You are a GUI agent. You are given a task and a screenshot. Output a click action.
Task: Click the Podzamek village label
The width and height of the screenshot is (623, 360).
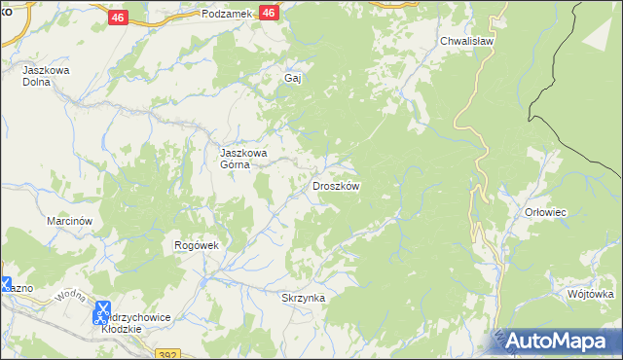click(x=227, y=14)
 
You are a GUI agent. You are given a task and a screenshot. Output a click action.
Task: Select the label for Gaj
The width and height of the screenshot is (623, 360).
click(x=290, y=78)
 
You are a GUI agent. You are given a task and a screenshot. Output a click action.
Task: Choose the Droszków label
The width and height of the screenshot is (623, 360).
click(x=336, y=186)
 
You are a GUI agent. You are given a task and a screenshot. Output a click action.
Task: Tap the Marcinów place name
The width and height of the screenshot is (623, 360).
click(x=69, y=221)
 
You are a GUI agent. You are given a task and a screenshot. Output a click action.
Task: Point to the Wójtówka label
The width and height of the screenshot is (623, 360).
click(x=589, y=294)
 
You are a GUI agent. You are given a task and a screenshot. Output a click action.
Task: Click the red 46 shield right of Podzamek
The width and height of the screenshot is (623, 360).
click(x=271, y=13)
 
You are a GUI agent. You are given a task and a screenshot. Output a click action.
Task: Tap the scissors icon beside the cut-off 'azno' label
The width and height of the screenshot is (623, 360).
click(x=5, y=285)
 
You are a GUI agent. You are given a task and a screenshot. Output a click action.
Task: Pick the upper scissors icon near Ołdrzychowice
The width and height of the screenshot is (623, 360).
click(x=100, y=307)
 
